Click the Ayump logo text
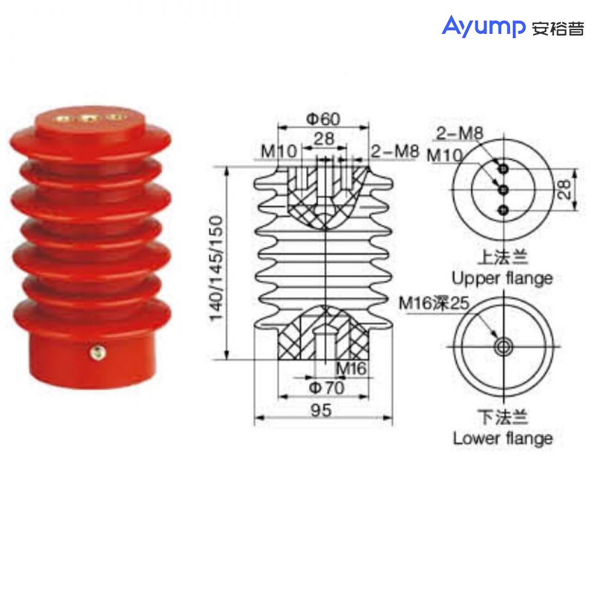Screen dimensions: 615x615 click(484, 28)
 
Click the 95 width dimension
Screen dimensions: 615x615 click(321, 410)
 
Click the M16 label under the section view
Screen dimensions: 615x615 click(351, 369)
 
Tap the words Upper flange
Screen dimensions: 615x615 click(502, 278)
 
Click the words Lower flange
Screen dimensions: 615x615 click(502, 438)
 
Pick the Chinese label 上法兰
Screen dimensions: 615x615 click(502, 256)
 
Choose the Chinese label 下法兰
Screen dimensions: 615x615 click(502, 418)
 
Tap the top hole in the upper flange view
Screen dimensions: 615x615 click(504, 168)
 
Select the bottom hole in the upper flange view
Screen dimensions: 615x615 click(504, 211)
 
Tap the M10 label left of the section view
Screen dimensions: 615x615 click(278, 151)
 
